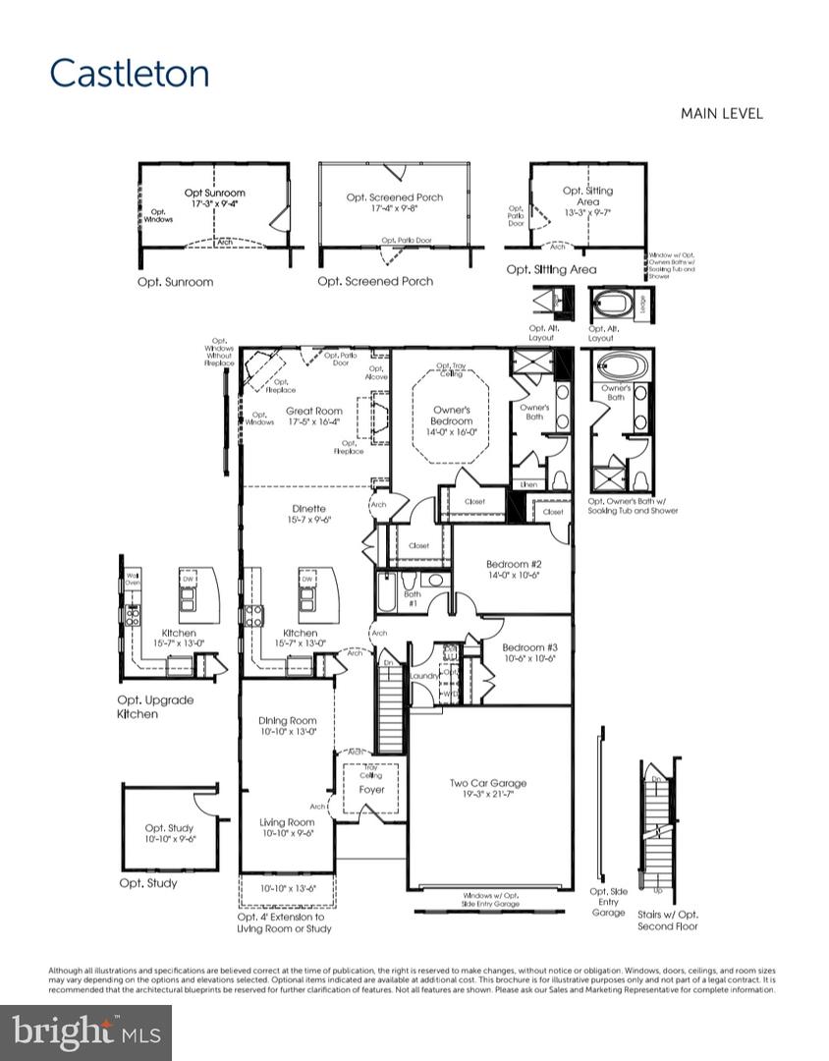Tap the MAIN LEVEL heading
click(x=721, y=114)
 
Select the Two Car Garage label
click(x=488, y=783)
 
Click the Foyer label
click(x=371, y=790)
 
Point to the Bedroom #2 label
click(x=514, y=564)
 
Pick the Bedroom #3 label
click(x=529, y=647)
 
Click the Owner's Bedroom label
click(x=452, y=409)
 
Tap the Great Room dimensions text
click(x=314, y=422)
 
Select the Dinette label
click(x=307, y=508)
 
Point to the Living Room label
click(x=287, y=822)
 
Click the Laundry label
click(x=426, y=676)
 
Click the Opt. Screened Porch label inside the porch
click(x=394, y=197)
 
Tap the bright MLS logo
click(x=85, y=1033)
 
